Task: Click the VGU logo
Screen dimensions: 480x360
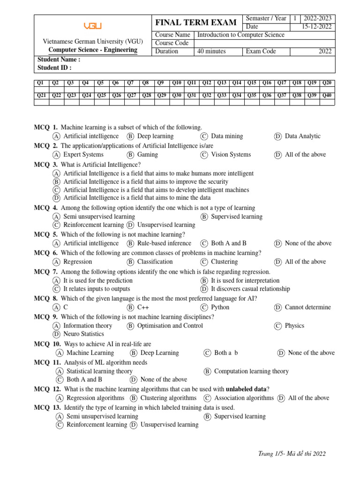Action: pos(92,26)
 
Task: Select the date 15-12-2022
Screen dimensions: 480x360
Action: pos(317,27)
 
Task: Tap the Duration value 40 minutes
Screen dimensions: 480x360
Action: pos(211,52)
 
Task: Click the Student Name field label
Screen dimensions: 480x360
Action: pos(59,60)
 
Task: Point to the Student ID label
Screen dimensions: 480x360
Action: pos(54,67)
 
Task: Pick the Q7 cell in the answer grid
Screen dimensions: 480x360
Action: pos(131,83)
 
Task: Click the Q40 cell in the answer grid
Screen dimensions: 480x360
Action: pos(327,95)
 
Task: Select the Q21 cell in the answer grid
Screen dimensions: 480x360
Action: pos(40,95)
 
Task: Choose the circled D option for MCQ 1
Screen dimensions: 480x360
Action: pos(278,136)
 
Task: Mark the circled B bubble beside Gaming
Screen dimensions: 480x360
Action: pos(130,155)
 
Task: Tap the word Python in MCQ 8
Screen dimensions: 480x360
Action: pos(220,307)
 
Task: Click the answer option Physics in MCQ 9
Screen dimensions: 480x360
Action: pos(294,326)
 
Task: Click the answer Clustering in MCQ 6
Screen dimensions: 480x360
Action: pos(224,262)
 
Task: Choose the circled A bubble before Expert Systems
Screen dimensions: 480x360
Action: pos(56,155)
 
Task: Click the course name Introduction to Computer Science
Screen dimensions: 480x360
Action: pos(241,35)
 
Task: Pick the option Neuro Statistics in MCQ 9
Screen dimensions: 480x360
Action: pos(83,334)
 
